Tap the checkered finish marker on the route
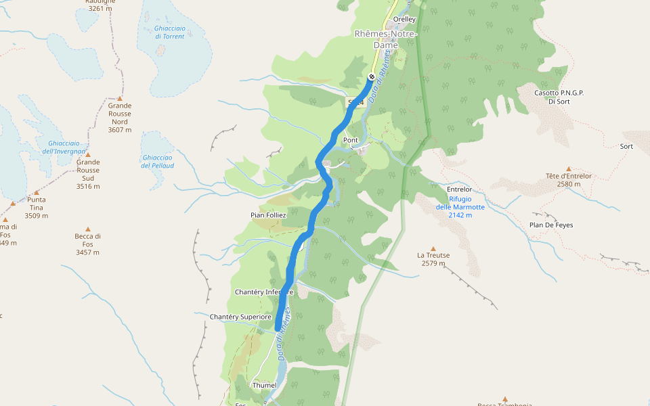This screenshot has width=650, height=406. point(372,76)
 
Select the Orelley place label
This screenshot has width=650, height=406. point(404,20)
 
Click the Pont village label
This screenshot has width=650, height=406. point(351,140)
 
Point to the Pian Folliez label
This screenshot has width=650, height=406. point(269,215)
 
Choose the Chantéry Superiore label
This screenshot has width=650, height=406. point(240,317)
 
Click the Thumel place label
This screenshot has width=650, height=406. point(264,385)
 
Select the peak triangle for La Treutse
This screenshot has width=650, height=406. point(433,248)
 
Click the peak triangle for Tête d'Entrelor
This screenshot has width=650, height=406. point(569,168)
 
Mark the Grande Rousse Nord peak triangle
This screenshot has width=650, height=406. point(120,98)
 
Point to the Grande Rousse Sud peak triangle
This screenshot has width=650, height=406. point(88,155)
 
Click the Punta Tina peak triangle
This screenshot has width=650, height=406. point(37,193)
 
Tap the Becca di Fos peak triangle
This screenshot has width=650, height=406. point(88,229)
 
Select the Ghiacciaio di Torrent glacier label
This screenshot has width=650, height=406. point(169,32)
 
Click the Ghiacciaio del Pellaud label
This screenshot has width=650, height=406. point(158,161)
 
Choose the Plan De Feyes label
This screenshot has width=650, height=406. point(551,225)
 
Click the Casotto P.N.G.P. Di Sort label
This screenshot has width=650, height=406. point(559,97)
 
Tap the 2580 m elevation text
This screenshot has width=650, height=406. point(569,183)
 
